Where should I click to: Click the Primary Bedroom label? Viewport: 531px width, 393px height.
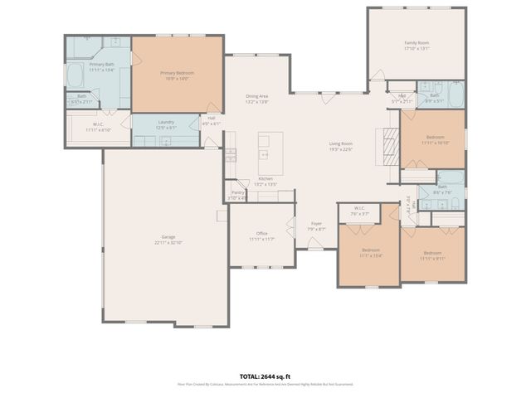tap(178, 73)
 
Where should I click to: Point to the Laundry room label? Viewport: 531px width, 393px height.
tap(166, 122)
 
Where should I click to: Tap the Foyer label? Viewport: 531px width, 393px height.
tap(317, 223)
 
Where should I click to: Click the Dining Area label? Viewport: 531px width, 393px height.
tap(257, 96)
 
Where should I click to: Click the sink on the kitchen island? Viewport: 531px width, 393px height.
tap(264, 153)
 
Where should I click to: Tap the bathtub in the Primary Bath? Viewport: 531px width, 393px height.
tap(74, 77)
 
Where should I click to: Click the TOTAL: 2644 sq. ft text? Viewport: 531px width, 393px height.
tap(265, 376)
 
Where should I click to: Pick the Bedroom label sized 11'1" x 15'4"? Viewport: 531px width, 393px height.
tap(370, 250)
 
